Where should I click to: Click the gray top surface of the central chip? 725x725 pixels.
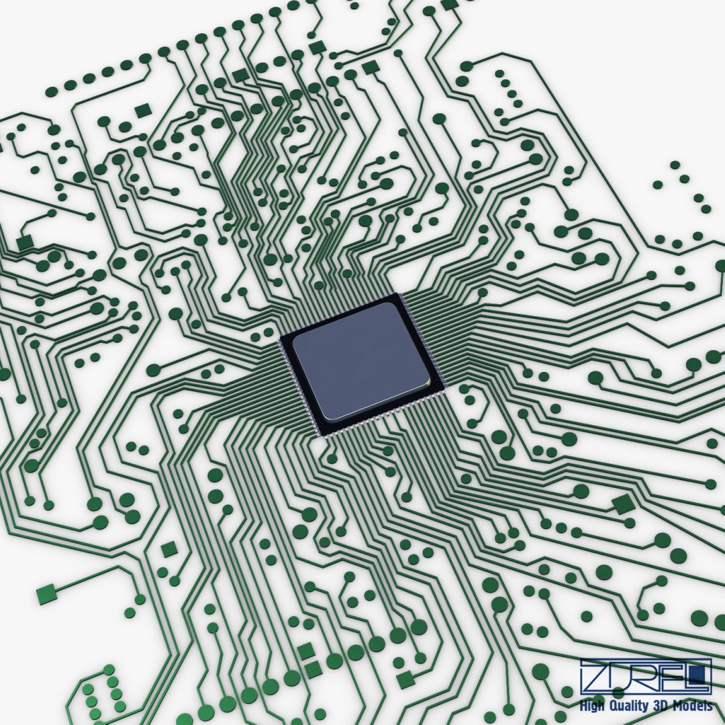pyautogui.click(x=359, y=359)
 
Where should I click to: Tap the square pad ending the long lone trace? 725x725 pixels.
pyautogui.click(x=46, y=593)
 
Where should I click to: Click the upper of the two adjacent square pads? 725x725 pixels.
pyautogui.click(x=306, y=650)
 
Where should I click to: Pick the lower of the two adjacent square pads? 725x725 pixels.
pyautogui.click(x=313, y=669)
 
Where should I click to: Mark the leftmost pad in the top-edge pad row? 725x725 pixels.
pyautogui.click(x=51, y=91)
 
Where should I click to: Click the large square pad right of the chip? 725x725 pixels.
pyautogui.click(x=623, y=503)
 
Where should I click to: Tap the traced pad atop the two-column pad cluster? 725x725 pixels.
pyautogui.click(x=108, y=670)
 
